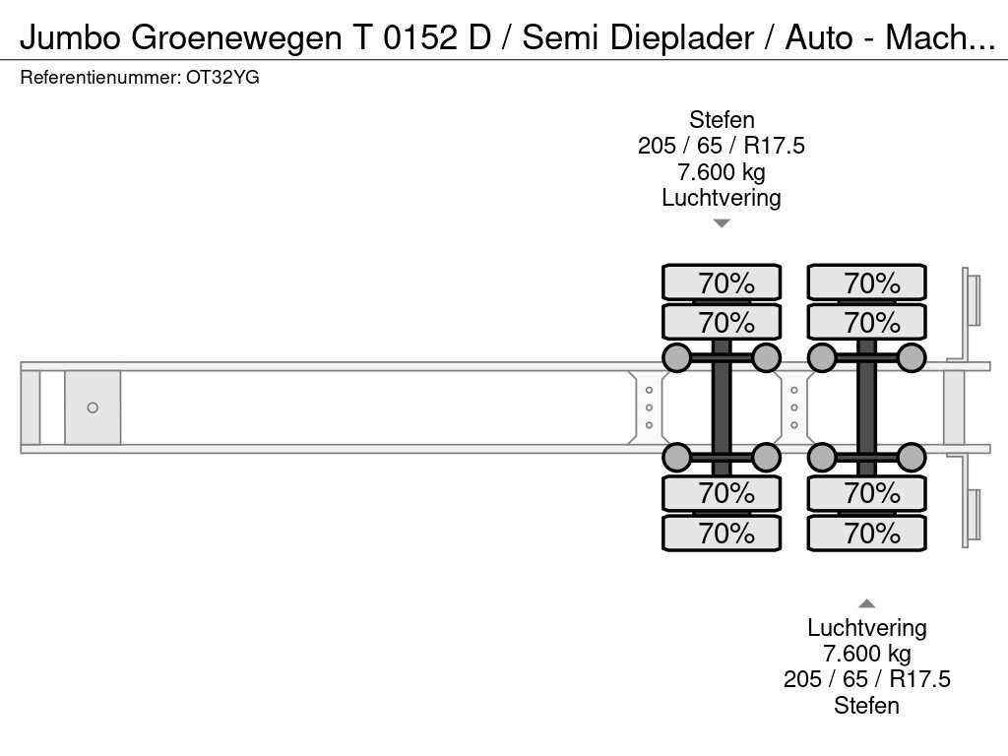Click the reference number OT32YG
click(x=222, y=78)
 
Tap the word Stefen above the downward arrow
click(x=722, y=120)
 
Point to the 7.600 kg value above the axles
click(x=722, y=172)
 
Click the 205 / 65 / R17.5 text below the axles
click(x=867, y=679)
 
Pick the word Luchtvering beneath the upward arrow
click(x=867, y=628)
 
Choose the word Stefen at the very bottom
click(x=867, y=705)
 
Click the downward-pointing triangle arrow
click(x=722, y=223)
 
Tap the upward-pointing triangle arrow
click(x=867, y=603)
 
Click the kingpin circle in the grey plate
click(x=93, y=408)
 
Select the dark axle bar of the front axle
click(x=722, y=407)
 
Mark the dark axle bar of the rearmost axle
click(x=867, y=407)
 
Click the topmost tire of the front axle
click(x=722, y=283)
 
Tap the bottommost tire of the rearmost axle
click(x=867, y=534)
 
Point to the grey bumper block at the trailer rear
click(x=953, y=408)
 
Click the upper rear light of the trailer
click(x=974, y=299)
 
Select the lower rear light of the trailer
click(x=974, y=514)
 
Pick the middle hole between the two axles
click(x=794, y=408)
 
